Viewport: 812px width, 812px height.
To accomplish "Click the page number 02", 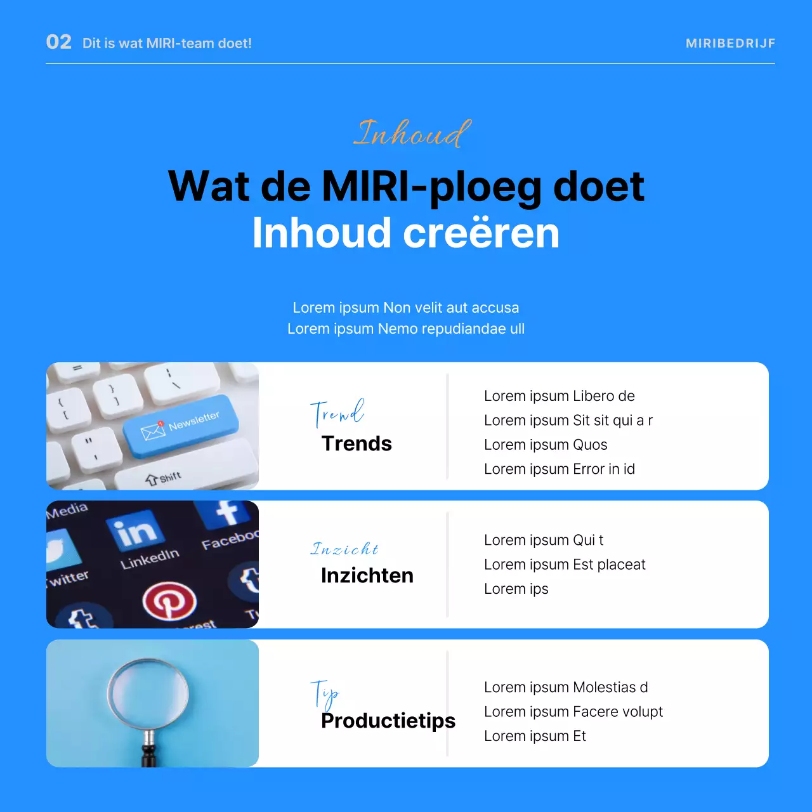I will [59, 42].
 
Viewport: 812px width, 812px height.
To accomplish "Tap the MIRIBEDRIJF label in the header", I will [730, 43].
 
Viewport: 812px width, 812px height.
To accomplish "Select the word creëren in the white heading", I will [481, 233].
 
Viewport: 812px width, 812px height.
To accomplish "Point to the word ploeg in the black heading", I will [485, 187].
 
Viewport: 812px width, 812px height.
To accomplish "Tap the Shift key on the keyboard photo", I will [164, 478].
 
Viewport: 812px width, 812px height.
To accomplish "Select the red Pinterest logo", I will [169, 600].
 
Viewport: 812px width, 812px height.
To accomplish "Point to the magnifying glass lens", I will [148, 691].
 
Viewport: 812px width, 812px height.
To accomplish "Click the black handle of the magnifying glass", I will [149, 755].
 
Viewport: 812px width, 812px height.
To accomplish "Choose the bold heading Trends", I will [357, 443].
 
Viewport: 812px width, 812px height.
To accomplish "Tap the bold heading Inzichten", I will [367, 575].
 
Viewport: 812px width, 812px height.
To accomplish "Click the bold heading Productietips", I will [388, 721].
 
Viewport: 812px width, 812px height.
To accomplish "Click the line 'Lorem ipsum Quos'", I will [546, 445].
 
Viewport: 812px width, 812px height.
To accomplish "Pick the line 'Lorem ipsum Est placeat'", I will [565, 565].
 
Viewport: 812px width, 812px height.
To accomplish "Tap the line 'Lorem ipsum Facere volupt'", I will [573, 712].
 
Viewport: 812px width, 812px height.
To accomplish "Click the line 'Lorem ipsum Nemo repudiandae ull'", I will [406, 329].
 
